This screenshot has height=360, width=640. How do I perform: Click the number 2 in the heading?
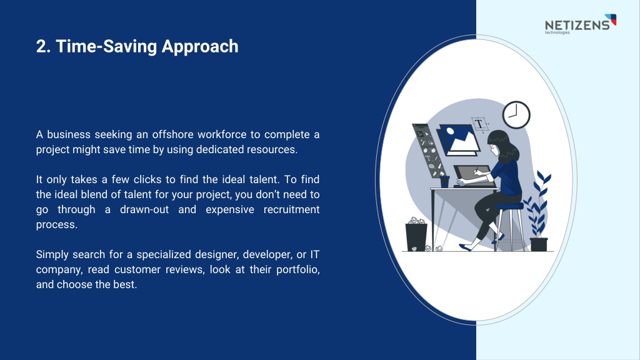pos(41,46)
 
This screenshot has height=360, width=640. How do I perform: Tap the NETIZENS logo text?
pos(577,25)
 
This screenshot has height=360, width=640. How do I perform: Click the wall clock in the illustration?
pos(516,115)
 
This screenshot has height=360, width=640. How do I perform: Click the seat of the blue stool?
pos(509,206)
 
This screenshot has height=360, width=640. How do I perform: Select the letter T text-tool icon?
pos(479,124)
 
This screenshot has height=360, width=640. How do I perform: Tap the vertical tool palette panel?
pos(428,151)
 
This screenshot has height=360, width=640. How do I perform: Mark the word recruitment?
pos(291,210)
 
